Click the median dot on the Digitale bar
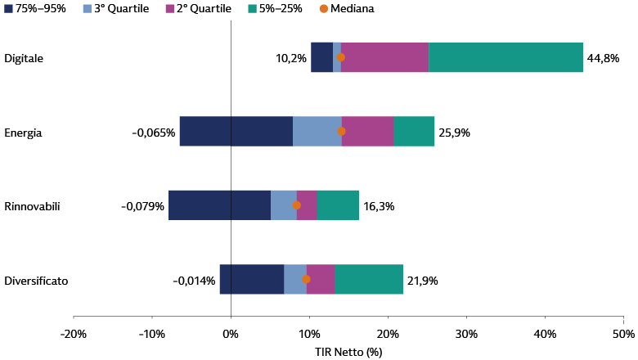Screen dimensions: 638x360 (340, 57)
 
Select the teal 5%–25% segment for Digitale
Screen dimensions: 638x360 (505, 57)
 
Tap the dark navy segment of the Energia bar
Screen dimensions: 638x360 (236, 132)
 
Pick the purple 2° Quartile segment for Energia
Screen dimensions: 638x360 (367, 132)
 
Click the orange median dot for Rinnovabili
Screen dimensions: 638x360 (297, 205)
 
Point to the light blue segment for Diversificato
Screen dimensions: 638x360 (295, 280)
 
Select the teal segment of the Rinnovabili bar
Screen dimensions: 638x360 (338, 205)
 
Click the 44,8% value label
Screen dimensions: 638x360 (603, 58)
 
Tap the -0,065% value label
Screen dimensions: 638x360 (154, 133)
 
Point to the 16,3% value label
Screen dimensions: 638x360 (379, 207)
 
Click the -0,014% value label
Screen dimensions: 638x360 (194, 281)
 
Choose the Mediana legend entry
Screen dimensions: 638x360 (347, 8)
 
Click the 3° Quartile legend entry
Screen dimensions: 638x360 (116, 8)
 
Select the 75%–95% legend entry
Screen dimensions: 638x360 (35, 8)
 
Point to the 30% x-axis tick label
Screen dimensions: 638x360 (466, 334)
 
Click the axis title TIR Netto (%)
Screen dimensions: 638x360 (348, 352)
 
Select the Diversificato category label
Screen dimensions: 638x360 (36, 281)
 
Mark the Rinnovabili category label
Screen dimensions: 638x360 (32, 206)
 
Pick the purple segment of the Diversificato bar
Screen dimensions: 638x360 (320, 280)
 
